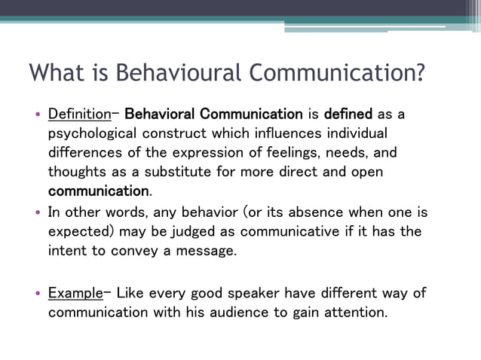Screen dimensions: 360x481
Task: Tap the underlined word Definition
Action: point(79,114)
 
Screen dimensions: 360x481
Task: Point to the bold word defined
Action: point(348,114)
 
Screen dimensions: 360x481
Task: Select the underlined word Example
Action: point(74,293)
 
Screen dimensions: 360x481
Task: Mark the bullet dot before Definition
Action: point(37,115)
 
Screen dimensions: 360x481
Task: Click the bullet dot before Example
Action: point(37,294)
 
